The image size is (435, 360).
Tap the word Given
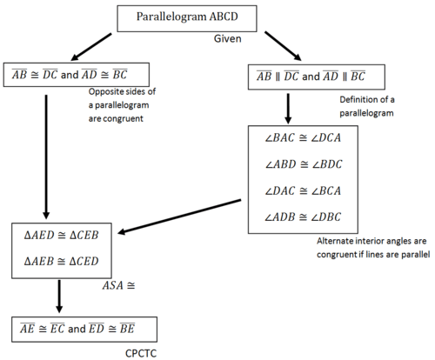(228, 38)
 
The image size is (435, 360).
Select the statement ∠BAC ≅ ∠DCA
(303, 137)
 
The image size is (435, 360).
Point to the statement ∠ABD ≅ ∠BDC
(304, 164)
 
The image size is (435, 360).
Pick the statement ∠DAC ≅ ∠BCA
(303, 190)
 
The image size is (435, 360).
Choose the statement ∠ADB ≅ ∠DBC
(303, 217)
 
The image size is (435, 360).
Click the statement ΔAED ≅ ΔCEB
(62, 235)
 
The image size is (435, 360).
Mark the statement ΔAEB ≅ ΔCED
(62, 261)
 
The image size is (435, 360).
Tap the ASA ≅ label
(119, 285)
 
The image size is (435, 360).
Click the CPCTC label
(141, 353)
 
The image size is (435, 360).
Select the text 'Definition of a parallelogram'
(367, 106)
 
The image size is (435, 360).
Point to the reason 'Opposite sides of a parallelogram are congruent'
(122, 105)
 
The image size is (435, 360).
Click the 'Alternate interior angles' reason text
(373, 248)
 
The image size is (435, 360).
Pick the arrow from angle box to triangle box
(179, 217)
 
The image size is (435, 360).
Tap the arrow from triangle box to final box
(59, 297)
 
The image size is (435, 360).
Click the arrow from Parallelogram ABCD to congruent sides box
(91, 47)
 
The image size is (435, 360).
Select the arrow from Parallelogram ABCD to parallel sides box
(283, 46)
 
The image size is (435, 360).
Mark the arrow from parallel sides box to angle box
(288, 109)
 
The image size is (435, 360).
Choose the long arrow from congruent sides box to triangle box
(46, 157)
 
